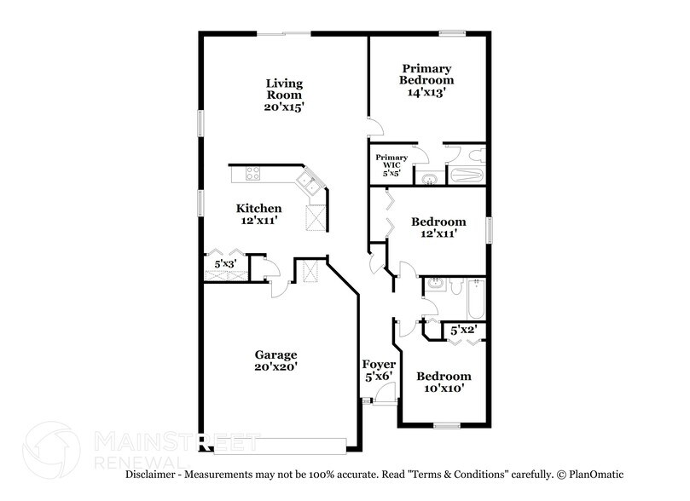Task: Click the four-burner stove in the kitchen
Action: pos(253,174)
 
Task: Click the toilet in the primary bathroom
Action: pos(476,154)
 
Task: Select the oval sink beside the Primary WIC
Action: pos(428,178)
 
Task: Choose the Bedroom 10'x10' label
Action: pos(443,382)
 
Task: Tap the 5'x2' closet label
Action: pos(463,329)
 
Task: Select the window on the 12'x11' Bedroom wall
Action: pos(490,229)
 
